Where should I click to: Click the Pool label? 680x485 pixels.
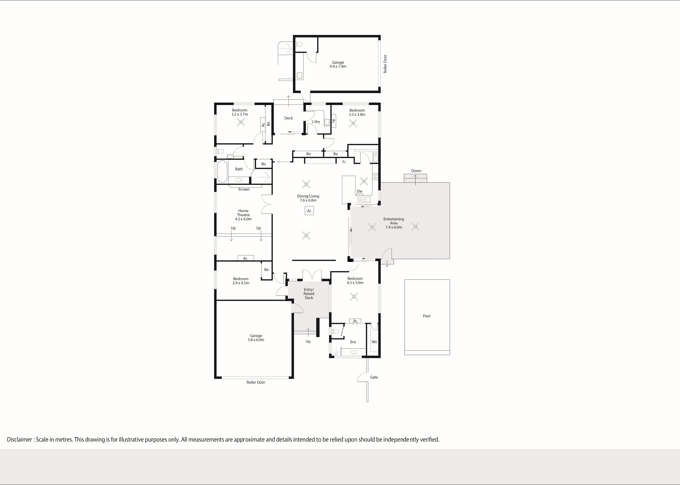point(426,316)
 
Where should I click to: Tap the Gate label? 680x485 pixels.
point(374,377)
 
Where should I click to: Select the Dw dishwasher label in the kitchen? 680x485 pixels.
point(360,191)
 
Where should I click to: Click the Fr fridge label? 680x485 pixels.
point(344,162)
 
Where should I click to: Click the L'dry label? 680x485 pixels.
point(316,122)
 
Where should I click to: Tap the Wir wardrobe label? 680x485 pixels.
point(374,342)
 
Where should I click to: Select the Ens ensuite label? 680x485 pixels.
point(353,342)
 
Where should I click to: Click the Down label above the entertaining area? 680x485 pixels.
point(416,171)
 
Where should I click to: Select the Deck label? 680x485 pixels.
point(288,118)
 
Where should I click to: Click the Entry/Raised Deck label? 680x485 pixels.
point(309,294)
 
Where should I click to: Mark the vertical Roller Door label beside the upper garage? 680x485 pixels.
point(385,64)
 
